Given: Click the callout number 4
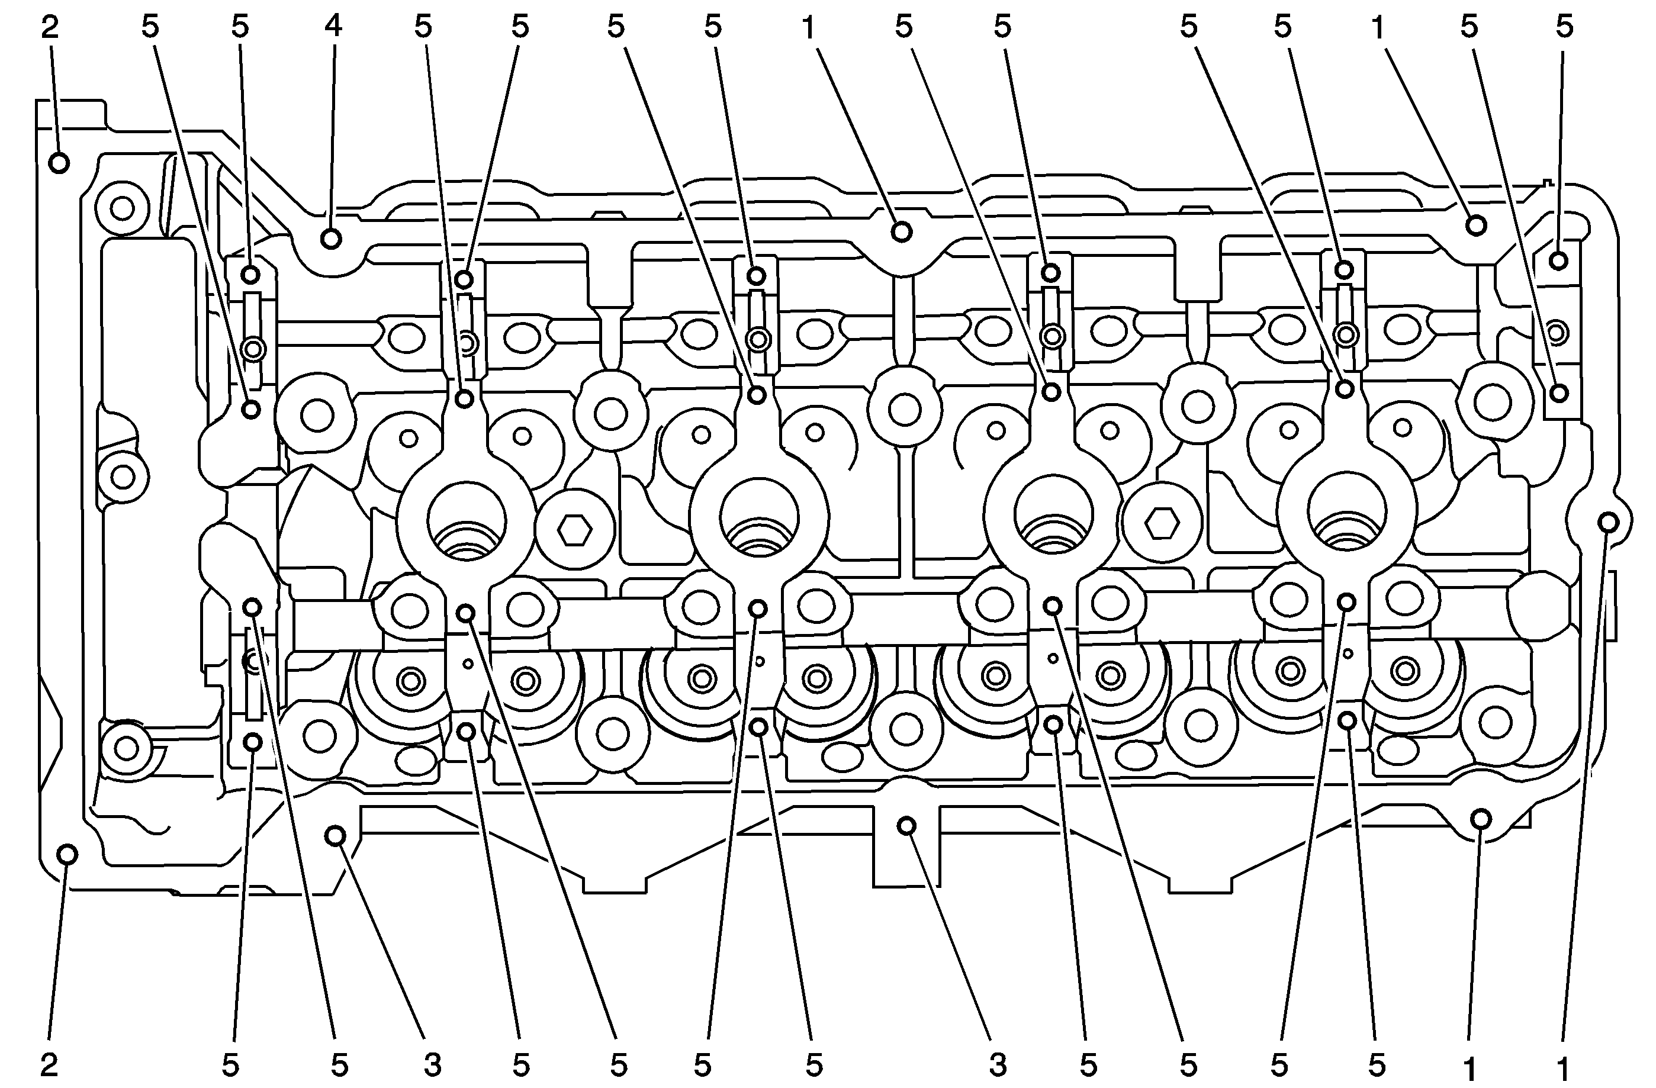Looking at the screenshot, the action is [333, 27].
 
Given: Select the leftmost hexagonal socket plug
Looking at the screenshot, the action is [575, 532].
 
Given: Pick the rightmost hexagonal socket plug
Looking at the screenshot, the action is [1161, 523].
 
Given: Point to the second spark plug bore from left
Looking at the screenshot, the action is [760, 516].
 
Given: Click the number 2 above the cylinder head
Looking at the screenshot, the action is [49, 27].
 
